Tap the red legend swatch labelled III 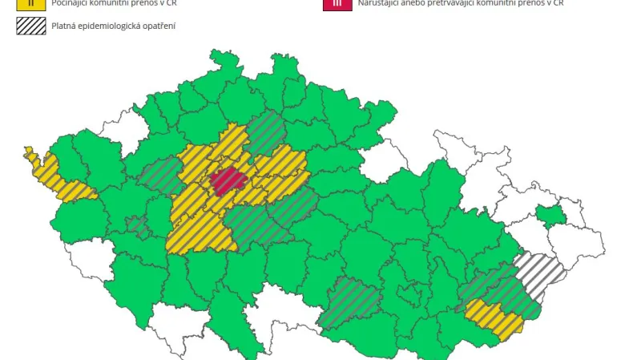pos(336,3)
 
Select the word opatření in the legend pos(161,26)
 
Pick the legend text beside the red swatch pos(460,3)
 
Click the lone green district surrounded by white pos(550,215)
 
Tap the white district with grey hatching pos(541,272)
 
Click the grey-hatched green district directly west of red pos(160,174)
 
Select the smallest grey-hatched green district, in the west pos(139,227)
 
